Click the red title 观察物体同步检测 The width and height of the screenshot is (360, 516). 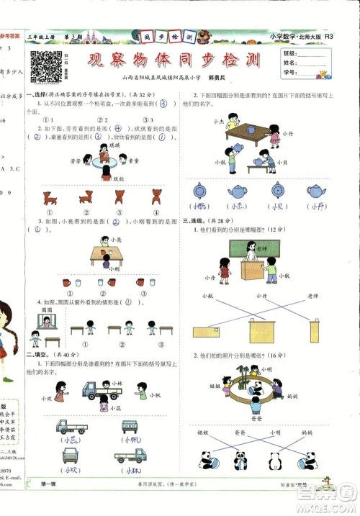[x=173, y=60]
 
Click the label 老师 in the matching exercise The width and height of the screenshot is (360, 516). [x=312, y=296]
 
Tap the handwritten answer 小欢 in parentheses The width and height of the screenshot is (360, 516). [x=69, y=470]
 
